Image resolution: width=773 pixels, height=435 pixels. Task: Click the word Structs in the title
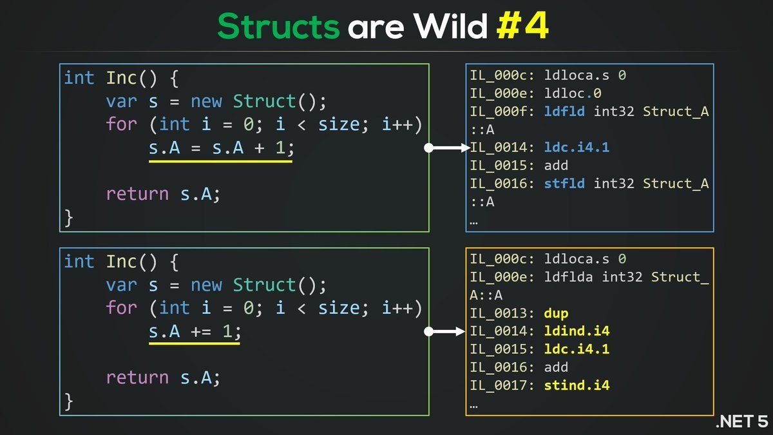(278, 26)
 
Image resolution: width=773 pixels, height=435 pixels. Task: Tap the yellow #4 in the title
(523, 26)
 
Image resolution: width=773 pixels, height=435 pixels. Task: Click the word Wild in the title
(450, 26)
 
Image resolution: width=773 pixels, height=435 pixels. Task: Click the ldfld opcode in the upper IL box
(565, 111)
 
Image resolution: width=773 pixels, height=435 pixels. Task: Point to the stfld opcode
(565, 184)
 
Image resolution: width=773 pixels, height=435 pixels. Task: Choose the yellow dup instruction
(556, 313)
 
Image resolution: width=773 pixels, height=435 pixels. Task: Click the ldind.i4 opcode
(577, 331)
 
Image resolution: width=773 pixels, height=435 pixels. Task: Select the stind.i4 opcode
(577, 385)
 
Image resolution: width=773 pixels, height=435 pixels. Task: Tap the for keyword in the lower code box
(122, 308)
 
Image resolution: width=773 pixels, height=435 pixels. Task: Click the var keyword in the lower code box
(122, 285)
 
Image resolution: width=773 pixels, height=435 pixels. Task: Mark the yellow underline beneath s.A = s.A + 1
(220, 161)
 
